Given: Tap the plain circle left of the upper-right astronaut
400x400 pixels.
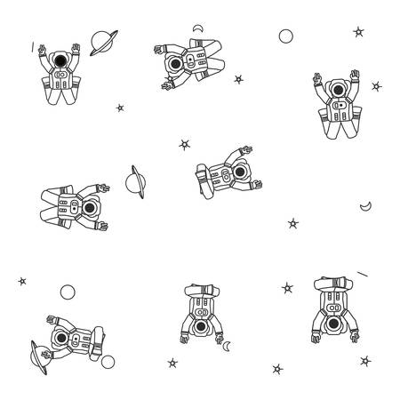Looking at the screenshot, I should pyautogui.click(x=285, y=36).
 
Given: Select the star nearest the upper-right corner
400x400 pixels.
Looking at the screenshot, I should pyautogui.click(x=359, y=31).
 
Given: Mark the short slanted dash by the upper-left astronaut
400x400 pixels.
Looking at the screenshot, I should pyautogui.click(x=33, y=44).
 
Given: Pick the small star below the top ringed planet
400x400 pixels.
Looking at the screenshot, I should pyautogui.click(x=120, y=108).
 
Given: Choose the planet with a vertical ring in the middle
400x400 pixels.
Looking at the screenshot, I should pyautogui.click(x=135, y=182).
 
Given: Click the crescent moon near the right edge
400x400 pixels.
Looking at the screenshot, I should pyautogui.click(x=365, y=206).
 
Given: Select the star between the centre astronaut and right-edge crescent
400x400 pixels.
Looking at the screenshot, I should pyautogui.click(x=293, y=222).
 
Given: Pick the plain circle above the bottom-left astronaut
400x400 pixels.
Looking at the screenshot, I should pyautogui.click(x=66, y=292).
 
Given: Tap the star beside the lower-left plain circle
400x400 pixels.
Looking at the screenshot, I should pyautogui.click(x=22, y=282).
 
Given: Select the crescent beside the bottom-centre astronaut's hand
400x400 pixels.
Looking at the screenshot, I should pyautogui.click(x=227, y=345).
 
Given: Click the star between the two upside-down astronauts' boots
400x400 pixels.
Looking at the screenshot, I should pyautogui.click(x=287, y=288).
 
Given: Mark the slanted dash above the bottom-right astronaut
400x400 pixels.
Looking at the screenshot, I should pyautogui.click(x=363, y=272).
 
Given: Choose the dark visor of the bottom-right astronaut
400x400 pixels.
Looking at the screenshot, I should pyautogui.click(x=334, y=325).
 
